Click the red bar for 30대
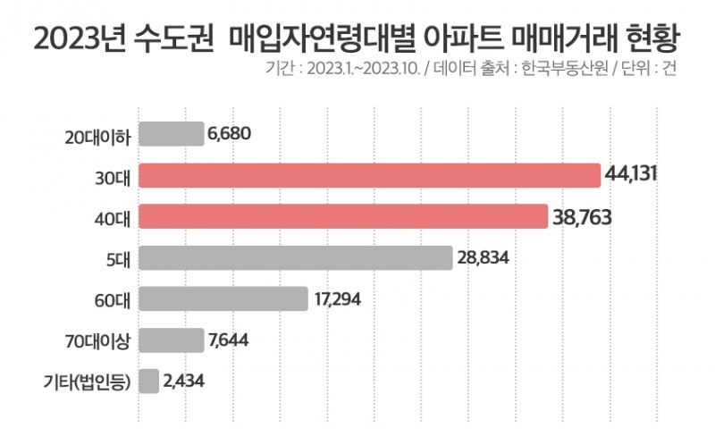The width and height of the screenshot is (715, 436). (x=369, y=175)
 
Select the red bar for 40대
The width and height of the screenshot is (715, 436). (x=343, y=216)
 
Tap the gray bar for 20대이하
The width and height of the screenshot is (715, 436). (x=172, y=134)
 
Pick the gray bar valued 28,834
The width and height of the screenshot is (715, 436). (x=295, y=257)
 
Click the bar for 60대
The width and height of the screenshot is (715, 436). (x=223, y=298)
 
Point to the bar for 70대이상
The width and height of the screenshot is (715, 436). (x=172, y=340)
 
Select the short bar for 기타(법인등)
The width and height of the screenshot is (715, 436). (x=149, y=381)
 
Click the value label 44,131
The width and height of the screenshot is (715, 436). (x=631, y=175)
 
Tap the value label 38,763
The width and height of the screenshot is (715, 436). (x=581, y=216)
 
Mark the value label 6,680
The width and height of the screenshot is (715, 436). (x=229, y=134)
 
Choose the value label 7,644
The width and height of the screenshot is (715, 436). (x=230, y=340)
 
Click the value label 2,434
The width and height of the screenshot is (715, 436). (x=186, y=381)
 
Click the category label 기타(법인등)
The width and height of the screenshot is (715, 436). (x=87, y=381)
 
